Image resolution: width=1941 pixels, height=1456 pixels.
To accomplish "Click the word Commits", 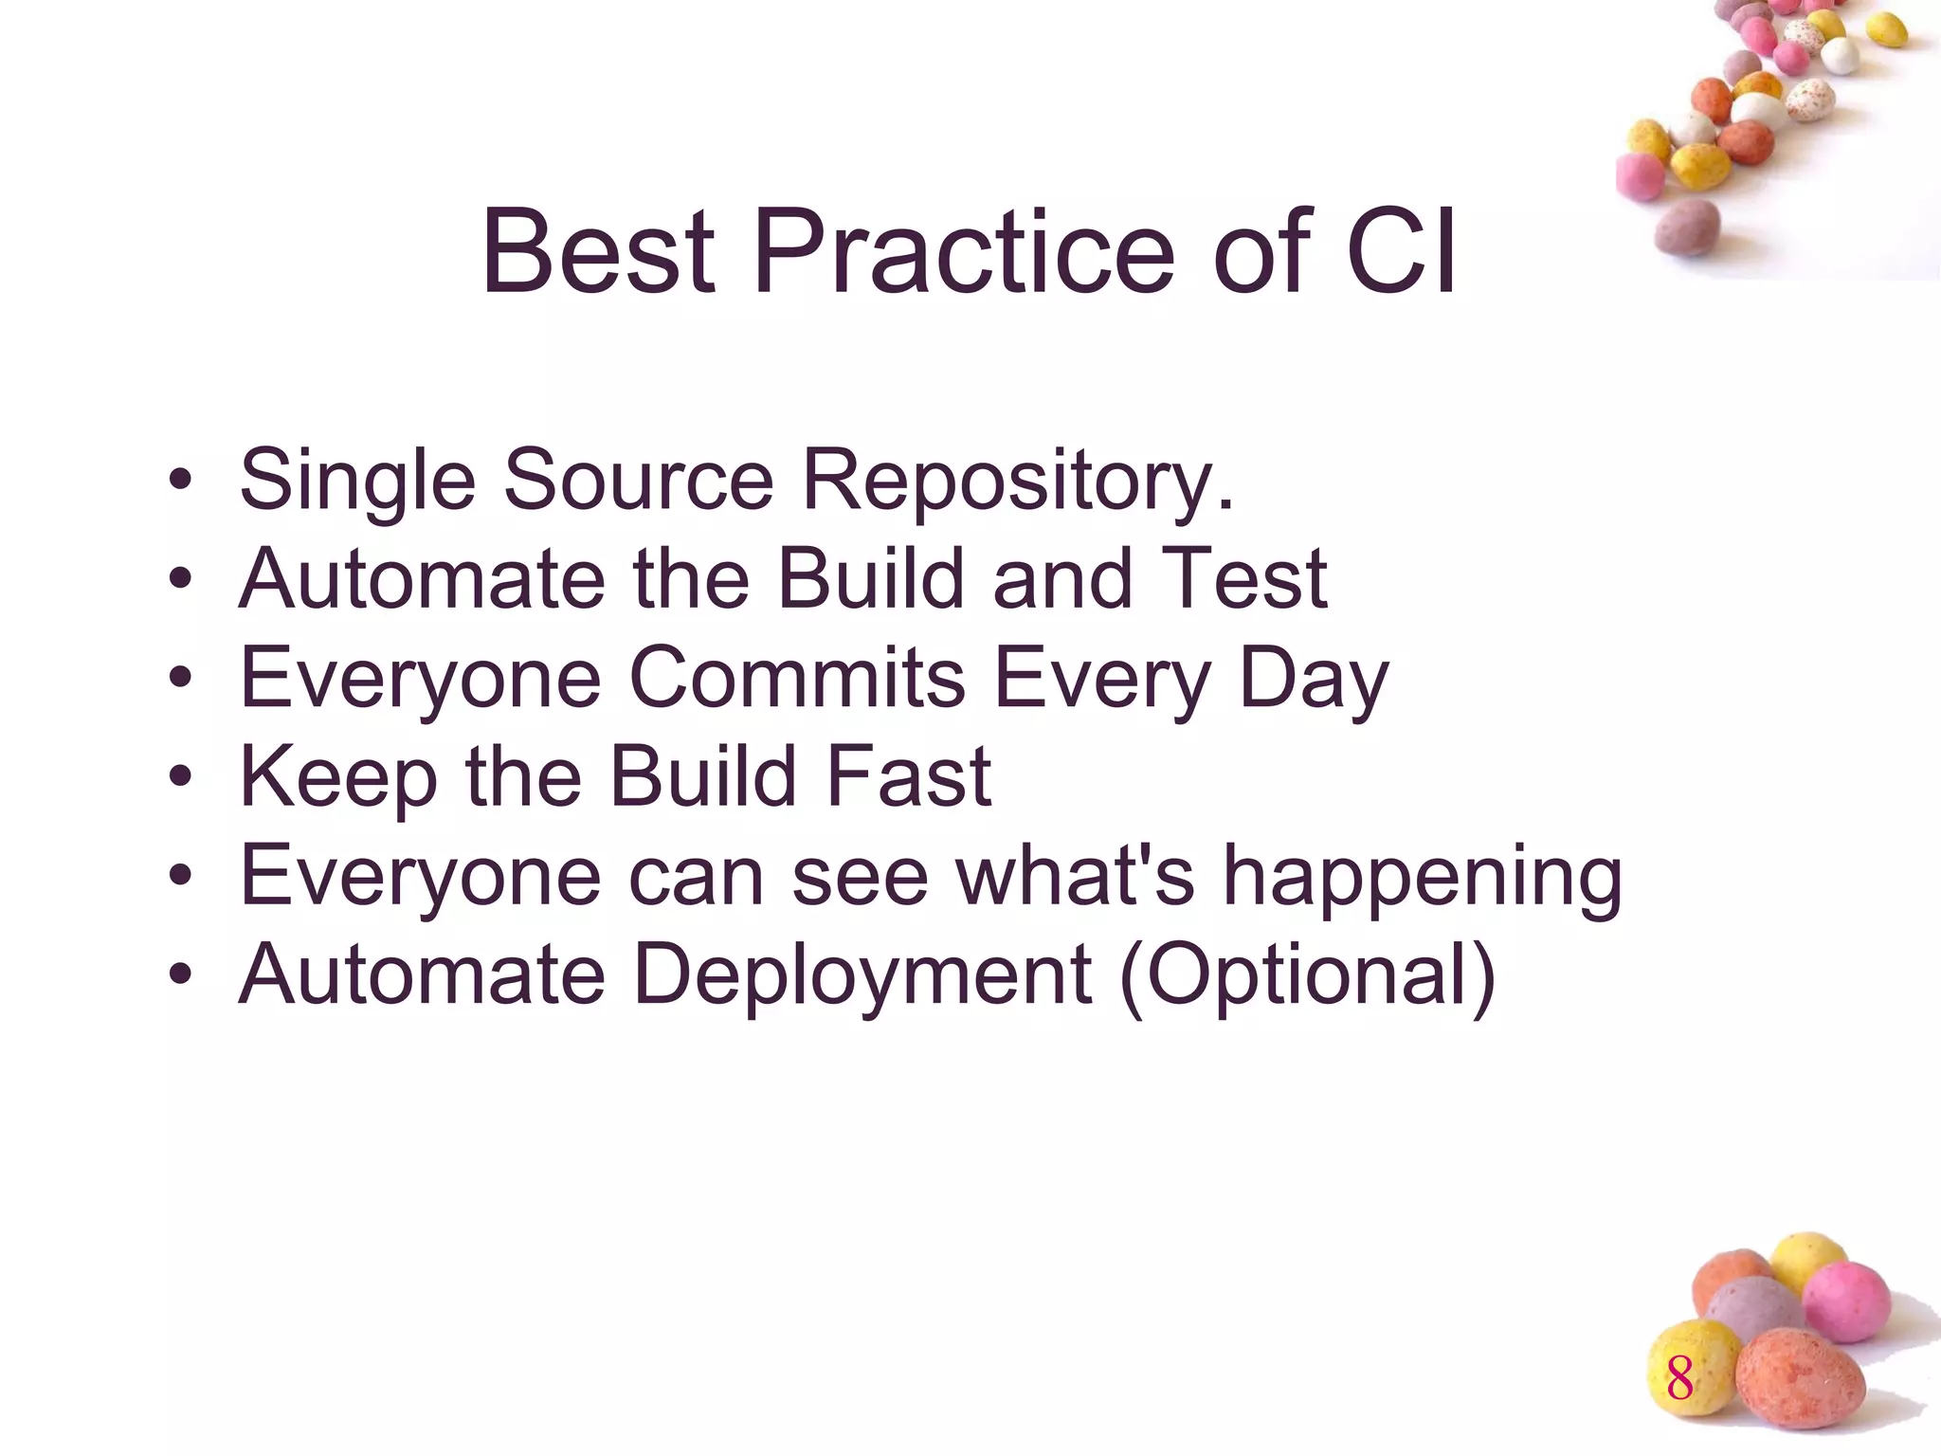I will (x=796, y=678).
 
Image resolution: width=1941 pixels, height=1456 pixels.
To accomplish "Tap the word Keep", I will (x=338, y=777).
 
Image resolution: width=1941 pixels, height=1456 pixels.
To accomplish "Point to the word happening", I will (x=1423, y=877).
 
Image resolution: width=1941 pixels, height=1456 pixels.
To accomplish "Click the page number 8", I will (x=1679, y=1378).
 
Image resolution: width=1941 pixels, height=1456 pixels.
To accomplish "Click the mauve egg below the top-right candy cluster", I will (x=1687, y=227).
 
